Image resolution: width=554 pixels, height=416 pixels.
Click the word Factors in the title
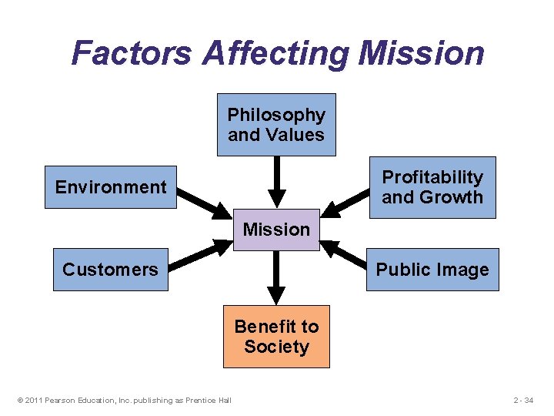(132, 53)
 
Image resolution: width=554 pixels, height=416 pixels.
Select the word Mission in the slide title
(422, 53)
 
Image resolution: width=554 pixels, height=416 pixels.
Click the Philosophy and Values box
(276, 125)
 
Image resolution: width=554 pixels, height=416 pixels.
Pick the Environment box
(111, 187)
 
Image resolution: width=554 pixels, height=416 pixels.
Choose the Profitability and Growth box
(432, 187)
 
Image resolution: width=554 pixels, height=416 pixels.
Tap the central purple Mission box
(276, 230)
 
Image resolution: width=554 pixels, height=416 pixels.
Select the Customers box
(110, 270)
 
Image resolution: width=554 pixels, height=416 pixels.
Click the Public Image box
(432, 270)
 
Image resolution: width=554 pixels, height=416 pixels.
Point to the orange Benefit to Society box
(276, 337)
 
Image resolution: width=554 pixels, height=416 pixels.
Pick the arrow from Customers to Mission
(202, 255)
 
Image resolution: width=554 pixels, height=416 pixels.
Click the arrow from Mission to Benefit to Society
(276, 277)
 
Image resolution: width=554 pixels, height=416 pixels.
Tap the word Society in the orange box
(276, 347)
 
